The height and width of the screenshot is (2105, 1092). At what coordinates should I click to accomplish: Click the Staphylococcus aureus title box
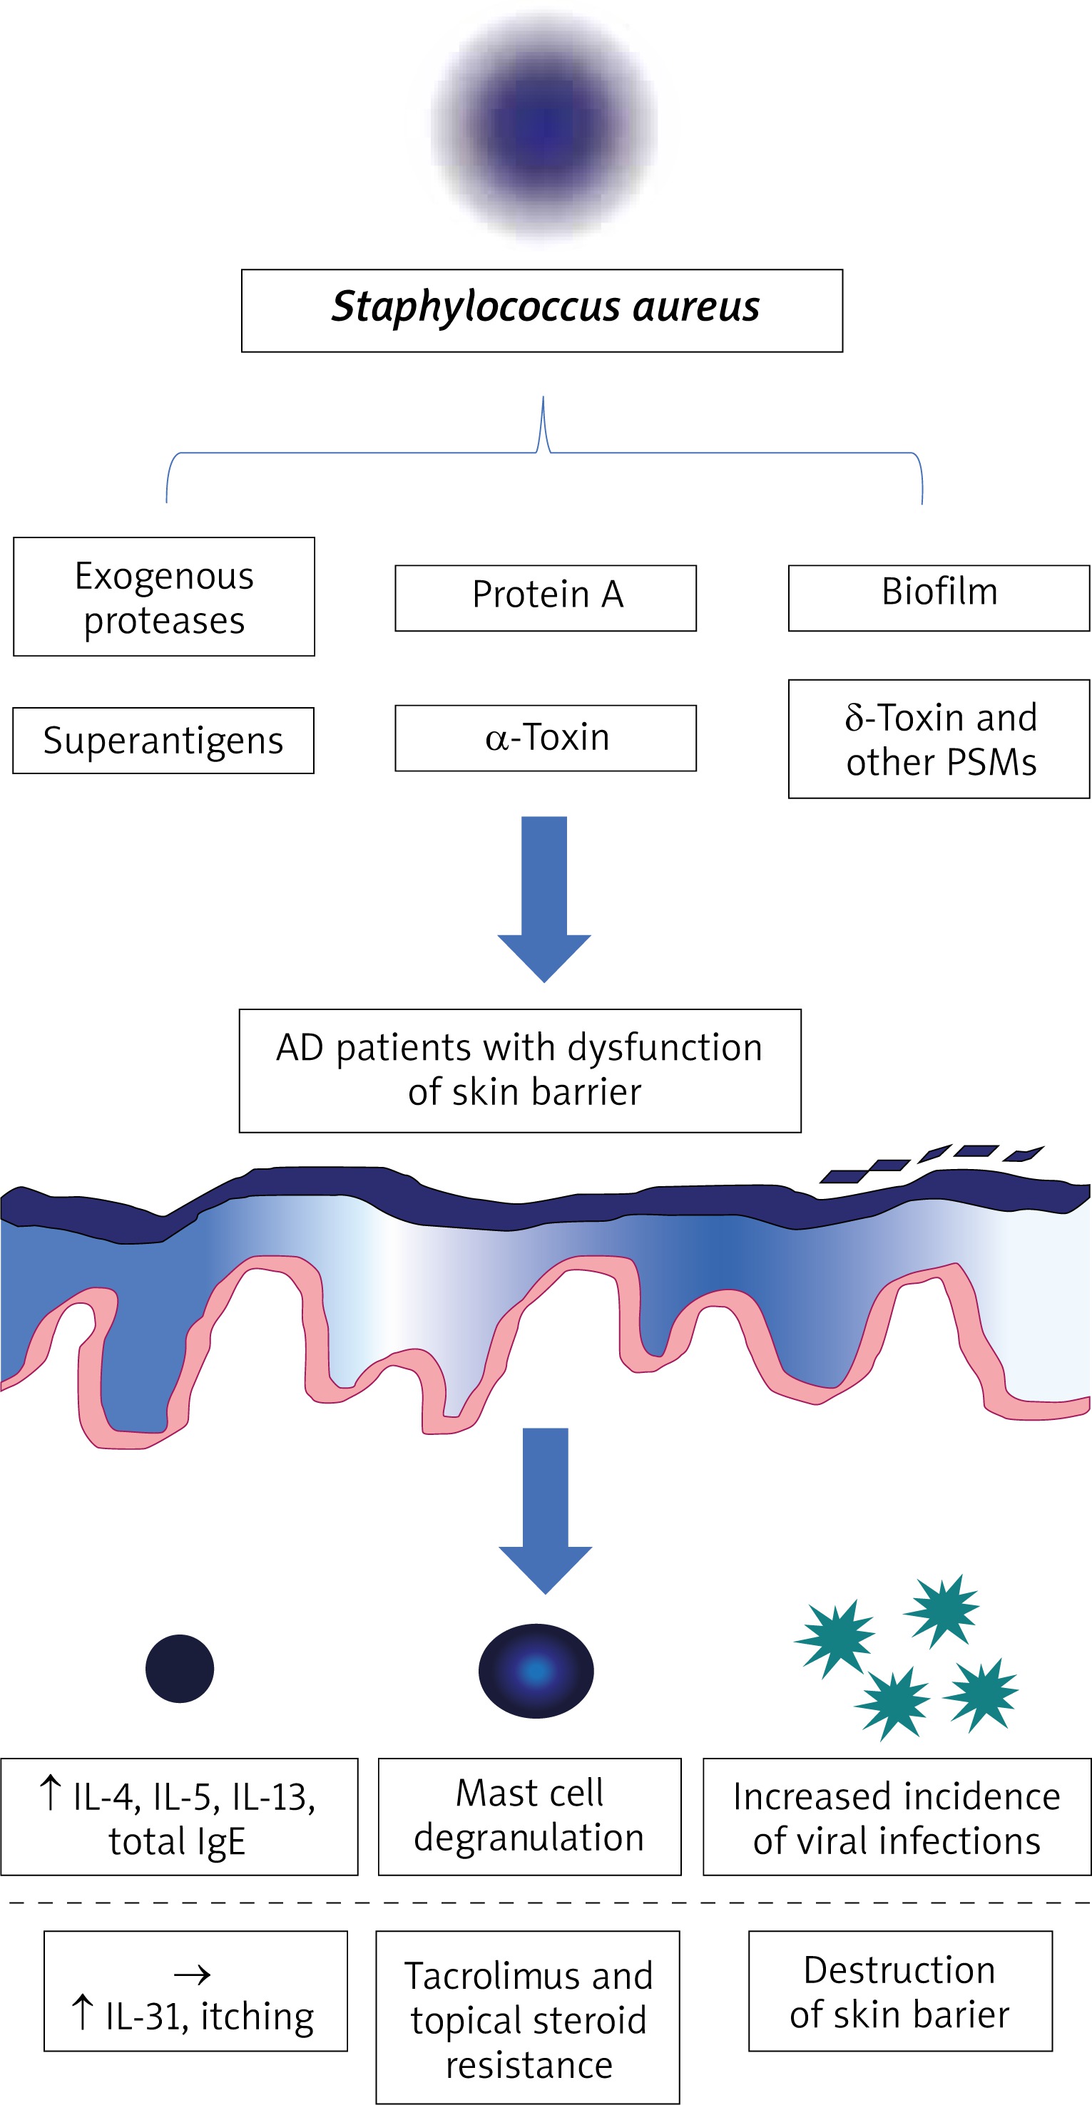click(542, 311)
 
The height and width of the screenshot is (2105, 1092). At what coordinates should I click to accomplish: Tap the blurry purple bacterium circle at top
click(544, 127)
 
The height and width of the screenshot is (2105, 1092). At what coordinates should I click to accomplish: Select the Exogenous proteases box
click(164, 597)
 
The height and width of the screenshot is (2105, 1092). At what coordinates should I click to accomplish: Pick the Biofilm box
click(939, 598)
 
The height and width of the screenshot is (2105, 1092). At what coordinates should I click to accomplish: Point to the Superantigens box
click(163, 741)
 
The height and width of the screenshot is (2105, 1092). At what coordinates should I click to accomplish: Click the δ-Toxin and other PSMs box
click(939, 738)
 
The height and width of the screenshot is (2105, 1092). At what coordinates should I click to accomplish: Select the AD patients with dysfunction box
click(520, 1071)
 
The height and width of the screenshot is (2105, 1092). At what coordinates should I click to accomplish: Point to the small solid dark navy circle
click(180, 1669)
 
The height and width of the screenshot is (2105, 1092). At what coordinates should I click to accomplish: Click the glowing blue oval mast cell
click(536, 1670)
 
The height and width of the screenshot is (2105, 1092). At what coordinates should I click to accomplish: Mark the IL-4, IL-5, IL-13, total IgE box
click(179, 1816)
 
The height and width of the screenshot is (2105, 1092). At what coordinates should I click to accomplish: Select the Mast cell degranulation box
click(530, 1816)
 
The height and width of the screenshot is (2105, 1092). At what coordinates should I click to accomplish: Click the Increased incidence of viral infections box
click(897, 1816)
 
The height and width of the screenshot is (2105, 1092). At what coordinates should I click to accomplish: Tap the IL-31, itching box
click(195, 1991)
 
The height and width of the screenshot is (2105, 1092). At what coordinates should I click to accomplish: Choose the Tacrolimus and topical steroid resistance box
click(528, 2017)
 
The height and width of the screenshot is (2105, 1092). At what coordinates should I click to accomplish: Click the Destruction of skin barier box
click(900, 1991)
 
